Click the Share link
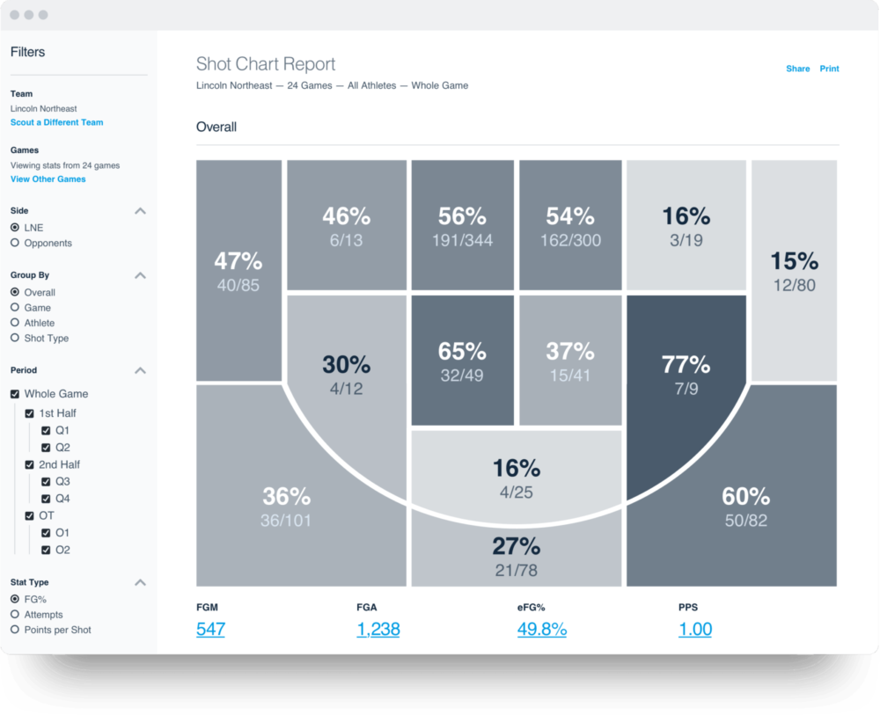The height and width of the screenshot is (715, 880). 797,69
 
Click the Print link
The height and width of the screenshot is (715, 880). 829,69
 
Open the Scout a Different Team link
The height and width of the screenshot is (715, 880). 56,122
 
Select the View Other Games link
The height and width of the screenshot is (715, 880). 48,179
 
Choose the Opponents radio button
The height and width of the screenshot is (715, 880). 15,243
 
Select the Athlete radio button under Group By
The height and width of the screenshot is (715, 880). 15,323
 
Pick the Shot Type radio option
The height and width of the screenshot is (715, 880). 15,338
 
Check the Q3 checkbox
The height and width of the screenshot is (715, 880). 46,482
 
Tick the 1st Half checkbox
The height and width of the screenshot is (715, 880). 30,413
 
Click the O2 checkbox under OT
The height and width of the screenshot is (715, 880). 46,550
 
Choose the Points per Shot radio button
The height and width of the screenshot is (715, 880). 15,630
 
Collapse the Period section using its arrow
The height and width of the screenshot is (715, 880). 140,371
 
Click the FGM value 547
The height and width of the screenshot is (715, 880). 210,629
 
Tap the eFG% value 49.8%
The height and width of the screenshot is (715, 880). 541,629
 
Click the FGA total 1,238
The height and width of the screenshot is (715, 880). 378,629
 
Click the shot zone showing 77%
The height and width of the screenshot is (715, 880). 686,374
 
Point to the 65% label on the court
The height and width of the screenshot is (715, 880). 462,352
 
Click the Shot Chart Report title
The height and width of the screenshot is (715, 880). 266,64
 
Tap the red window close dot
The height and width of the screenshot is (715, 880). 15,15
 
